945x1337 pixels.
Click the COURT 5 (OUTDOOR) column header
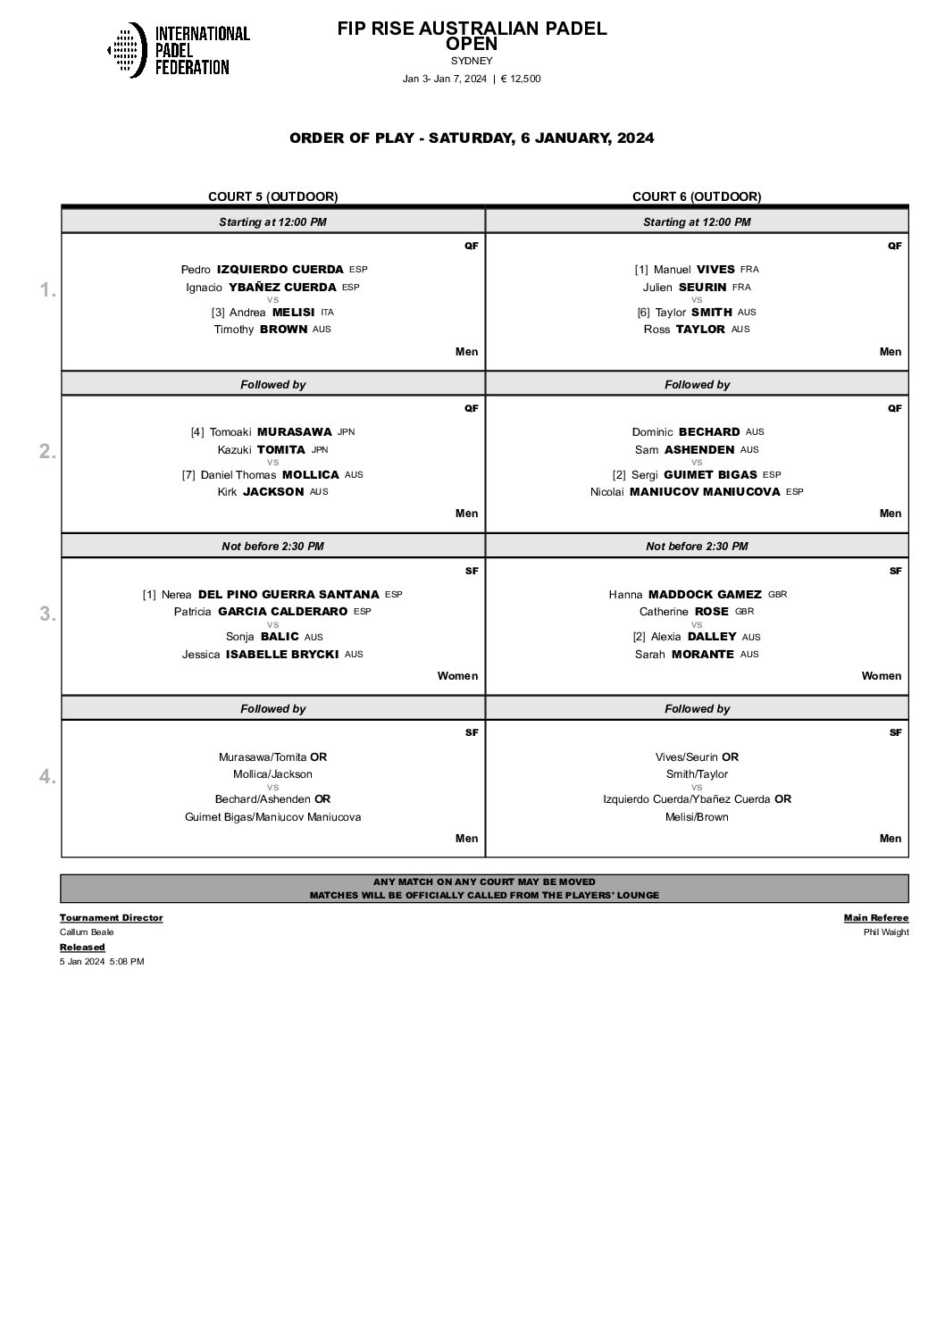point(272,196)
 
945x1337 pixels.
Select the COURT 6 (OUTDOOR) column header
point(697,196)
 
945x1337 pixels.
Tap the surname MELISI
point(293,312)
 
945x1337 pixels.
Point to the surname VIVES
point(715,269)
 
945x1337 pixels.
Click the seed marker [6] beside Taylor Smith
point(643,312)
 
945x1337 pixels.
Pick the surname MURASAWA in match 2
point(294,431)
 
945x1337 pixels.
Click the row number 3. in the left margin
point(47,614)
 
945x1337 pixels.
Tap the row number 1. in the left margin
point(47,289)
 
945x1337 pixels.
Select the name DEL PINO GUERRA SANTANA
point(289,594)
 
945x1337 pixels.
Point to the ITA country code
point(327,312)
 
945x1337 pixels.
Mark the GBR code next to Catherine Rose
point(744,612)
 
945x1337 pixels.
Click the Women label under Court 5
point(457,676)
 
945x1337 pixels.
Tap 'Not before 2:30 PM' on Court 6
point(697,546)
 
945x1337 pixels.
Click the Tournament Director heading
point(111,917)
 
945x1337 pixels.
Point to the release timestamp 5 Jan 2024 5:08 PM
point(102,962)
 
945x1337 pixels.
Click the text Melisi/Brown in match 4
point(697,817)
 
